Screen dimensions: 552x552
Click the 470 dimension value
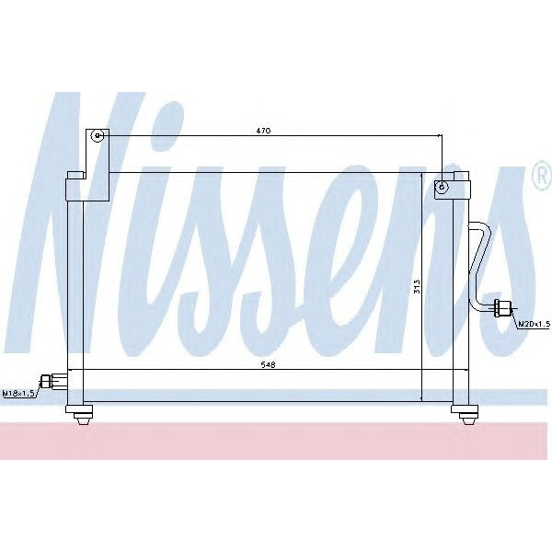pos(263,131)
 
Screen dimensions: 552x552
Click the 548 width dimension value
pos(268,365)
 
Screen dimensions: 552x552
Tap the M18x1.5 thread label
pos(18,394)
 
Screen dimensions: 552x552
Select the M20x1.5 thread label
pos(533,324)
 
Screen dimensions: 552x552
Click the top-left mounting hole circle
pos(98,136)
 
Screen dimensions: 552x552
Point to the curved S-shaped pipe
pos(478,262)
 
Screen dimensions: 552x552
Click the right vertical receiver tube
pos(458,294)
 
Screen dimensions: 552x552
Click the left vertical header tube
pos(74,294)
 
